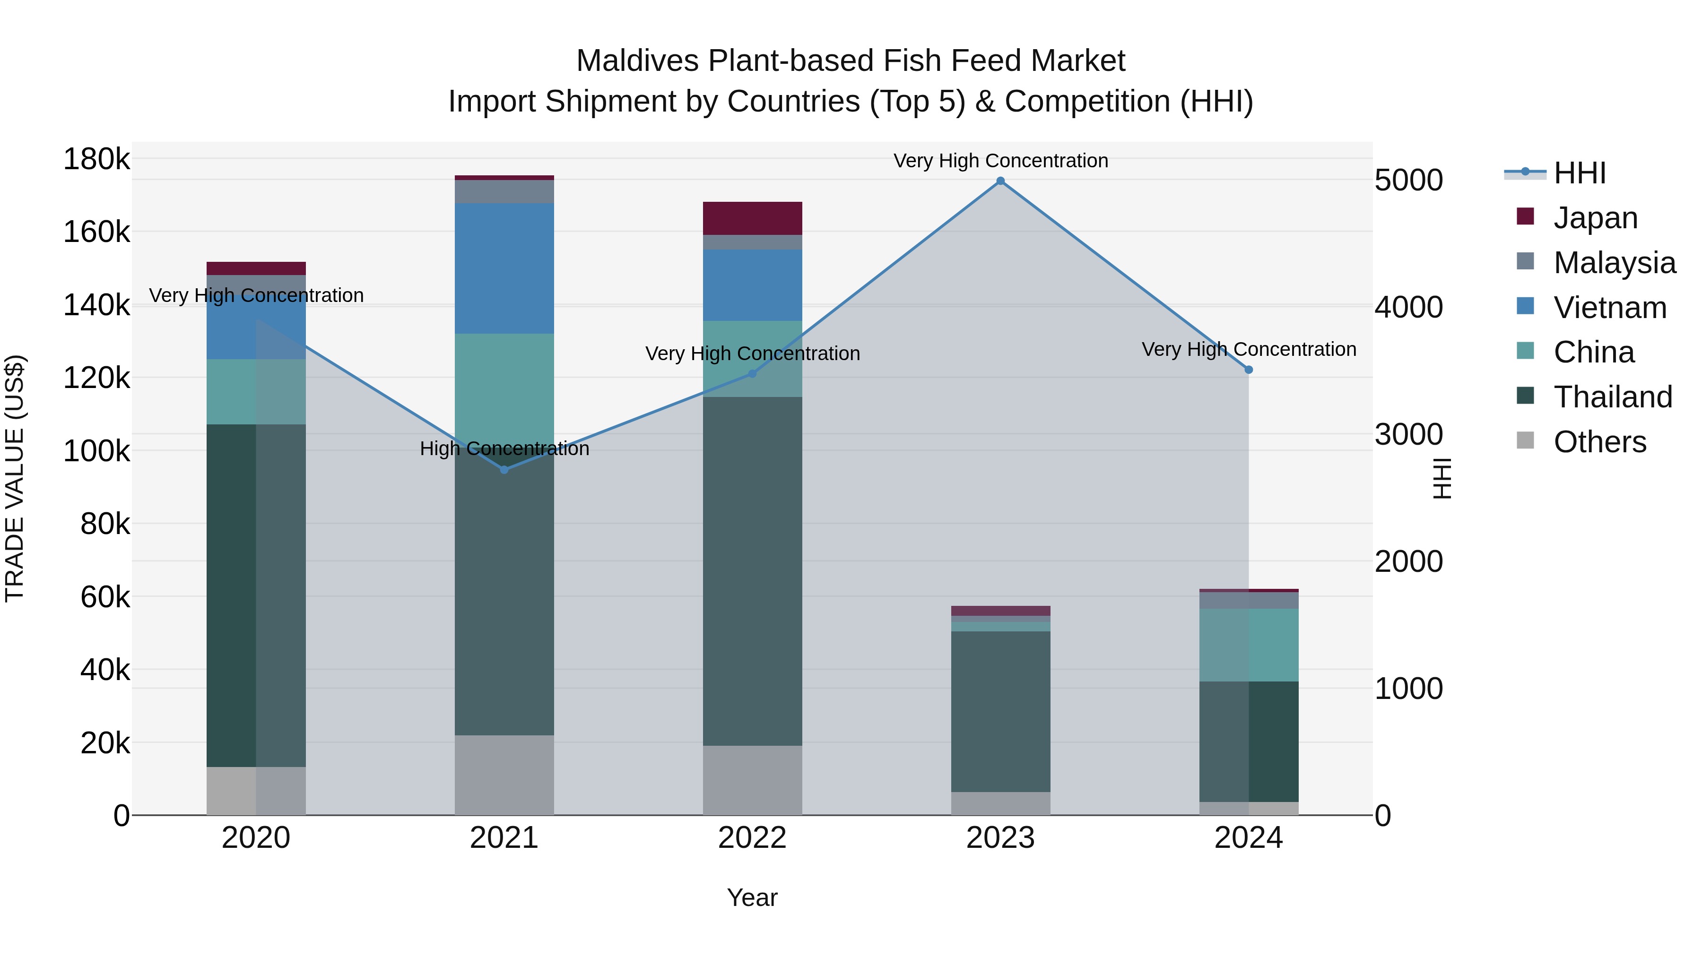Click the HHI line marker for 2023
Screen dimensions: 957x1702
[1000, 181]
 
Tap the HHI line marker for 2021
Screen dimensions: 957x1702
[504, 470]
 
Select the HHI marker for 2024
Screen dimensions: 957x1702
[1249, 370]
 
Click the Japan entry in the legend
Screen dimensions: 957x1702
[1595, 218]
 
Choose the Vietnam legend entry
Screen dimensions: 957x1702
[1609, 308]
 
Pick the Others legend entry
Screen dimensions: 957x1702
[1599, 442]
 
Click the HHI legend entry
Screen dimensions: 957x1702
[1579, 173]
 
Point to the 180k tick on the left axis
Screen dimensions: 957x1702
[96, 159]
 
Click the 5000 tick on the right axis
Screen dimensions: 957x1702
[1409, 181]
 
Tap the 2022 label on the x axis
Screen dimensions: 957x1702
[752, 838]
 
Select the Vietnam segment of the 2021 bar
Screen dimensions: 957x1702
[504, 268]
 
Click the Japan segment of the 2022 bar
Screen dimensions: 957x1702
[752, 218]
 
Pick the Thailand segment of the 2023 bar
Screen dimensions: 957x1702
[1000, 711]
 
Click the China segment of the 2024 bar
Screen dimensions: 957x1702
[1249, 645]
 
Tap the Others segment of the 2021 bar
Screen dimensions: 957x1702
[504, 775]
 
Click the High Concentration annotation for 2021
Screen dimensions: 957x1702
[504, 449]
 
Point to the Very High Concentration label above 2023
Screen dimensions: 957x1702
[1000, 161]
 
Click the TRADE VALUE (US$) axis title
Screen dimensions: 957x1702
[15, 478]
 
